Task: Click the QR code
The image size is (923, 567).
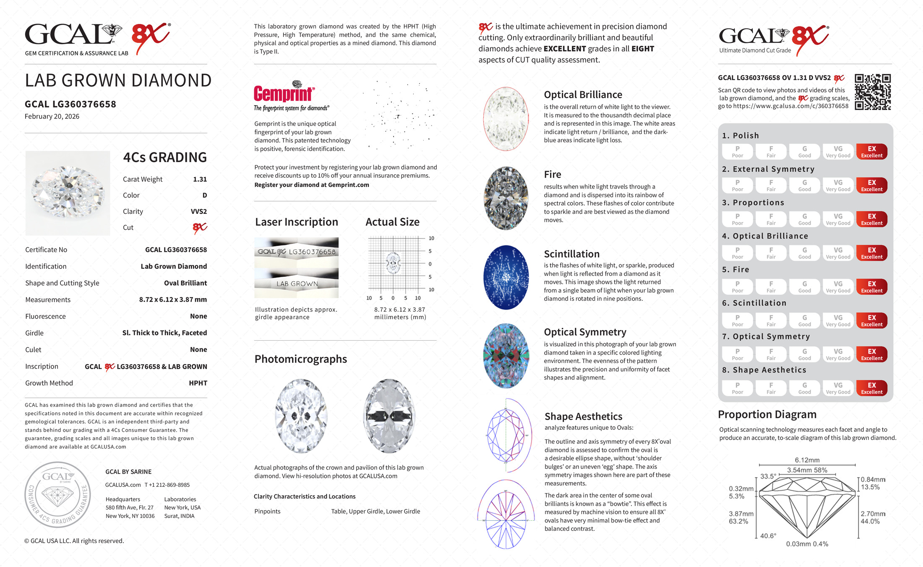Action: pos(873,92)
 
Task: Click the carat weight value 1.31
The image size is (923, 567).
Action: pos(200,179)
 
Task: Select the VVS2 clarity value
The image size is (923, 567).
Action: pos(199,212)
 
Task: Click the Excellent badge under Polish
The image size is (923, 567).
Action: pos(871,152)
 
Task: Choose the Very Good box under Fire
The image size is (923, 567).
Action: pos(838,287)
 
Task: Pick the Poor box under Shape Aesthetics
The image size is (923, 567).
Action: pos(737,388)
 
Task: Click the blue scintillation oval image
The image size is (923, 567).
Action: pos(506,278)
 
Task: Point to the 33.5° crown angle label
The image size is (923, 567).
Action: pos(768,476)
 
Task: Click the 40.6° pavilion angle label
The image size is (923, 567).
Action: pos(768,536)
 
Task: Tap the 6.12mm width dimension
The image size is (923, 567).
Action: pos(807,460)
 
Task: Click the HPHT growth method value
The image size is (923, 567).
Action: pos(198,383)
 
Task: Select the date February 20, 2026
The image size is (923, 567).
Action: pos(52,117)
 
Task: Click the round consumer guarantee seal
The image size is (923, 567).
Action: pos(57,495)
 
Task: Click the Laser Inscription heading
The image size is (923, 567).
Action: pos(297,222)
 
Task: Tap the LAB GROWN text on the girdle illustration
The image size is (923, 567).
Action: pos(297,284)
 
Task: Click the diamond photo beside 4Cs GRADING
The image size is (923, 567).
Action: pos(68,193)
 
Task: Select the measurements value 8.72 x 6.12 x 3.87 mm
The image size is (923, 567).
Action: pos(173,300)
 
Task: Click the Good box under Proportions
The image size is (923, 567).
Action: pos(804,219)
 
